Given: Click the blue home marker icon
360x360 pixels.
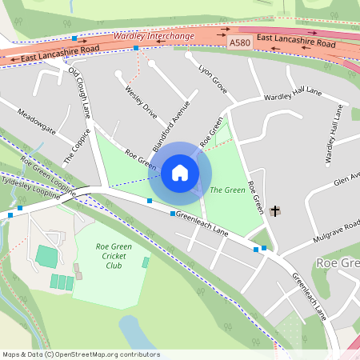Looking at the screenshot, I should point(180,173).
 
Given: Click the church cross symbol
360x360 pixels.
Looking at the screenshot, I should point(275,211).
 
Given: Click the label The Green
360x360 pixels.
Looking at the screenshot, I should point(226,190).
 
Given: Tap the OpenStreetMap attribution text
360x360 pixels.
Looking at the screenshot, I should point(80,354).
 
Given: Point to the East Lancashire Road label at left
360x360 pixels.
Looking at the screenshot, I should point(60,53).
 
